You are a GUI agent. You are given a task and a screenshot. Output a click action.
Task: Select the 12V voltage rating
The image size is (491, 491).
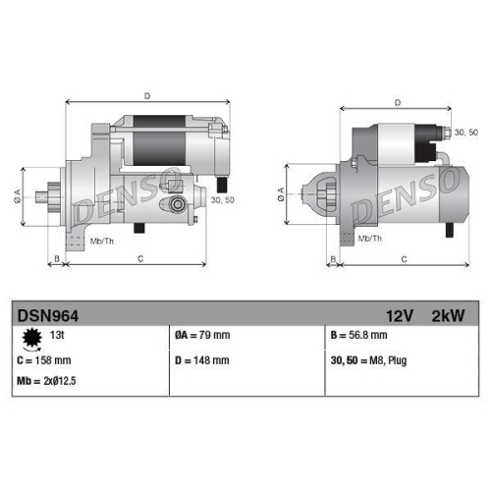[x=400, y=316]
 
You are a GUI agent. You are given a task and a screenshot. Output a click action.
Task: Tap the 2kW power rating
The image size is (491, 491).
[x=447, y=316]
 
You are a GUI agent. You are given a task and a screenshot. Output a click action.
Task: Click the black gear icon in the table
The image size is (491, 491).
[x=31, y=338]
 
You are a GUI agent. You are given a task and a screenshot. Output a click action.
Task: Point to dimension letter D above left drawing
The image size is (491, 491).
[x=146, y=95]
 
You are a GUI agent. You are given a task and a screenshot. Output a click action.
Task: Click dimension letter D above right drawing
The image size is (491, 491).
[x=397, y=102]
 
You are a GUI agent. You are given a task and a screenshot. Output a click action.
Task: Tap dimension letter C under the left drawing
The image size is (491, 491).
[x=141, y=259]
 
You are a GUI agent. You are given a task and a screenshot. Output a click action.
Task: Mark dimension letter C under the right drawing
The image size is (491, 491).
[x=405, y=259]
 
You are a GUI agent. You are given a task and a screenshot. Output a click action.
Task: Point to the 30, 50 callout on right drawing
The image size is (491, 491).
[x=464, y=132]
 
